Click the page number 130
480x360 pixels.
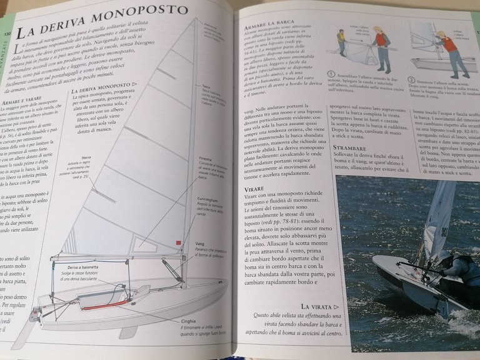pos(7,34)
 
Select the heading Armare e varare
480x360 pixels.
pos(19,100)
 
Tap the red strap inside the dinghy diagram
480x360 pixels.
pos(106,305)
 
